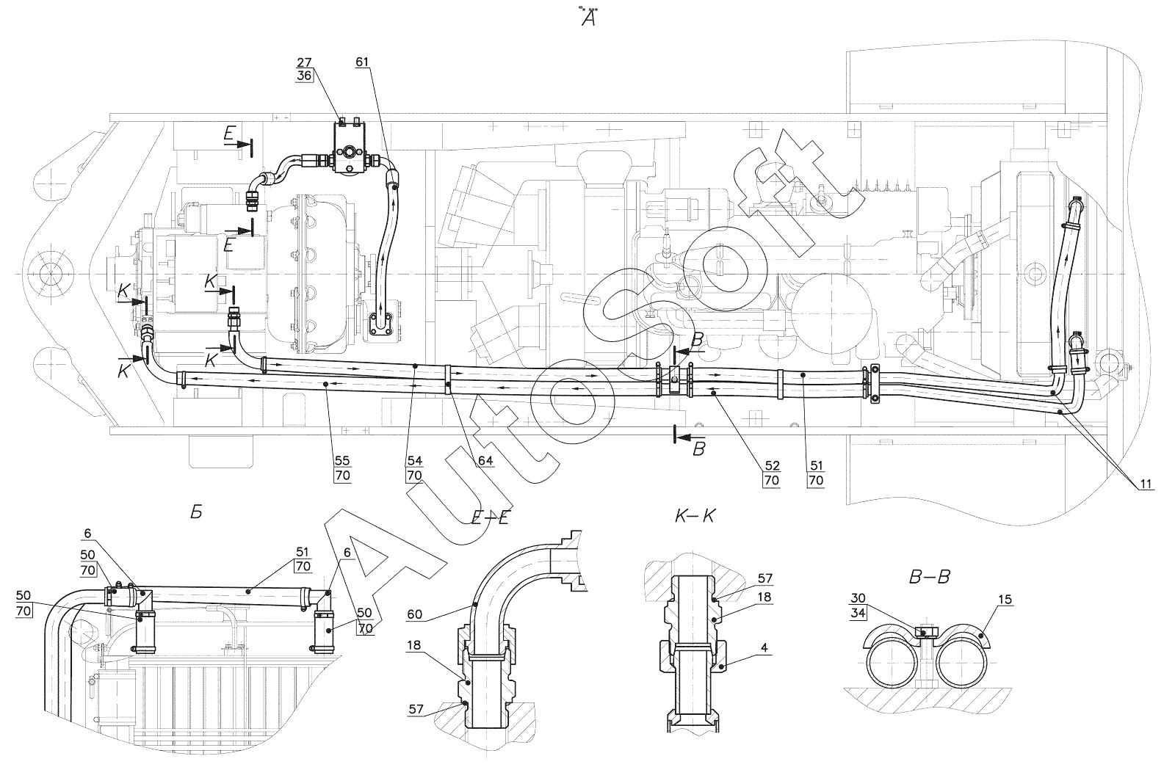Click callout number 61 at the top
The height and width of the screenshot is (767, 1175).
pyautogui.click(x=362, y=62)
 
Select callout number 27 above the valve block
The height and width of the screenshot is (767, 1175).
pyautogui.click(x=304, y=62)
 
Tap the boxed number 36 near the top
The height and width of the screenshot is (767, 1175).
pyautogui.click(x=304, y=76)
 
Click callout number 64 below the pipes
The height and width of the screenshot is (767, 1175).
pyautogui.click(x=485, y=461)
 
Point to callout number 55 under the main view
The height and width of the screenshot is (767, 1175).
pyautogui.click(x=342, y=461)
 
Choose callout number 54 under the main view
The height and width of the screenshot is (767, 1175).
pyautogui.click(x=414, y=461)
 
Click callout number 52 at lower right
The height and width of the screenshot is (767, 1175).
pyautogui.click(x=772, y=465)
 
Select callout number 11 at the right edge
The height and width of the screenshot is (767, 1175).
pyautogui.click(x=1146, y=484)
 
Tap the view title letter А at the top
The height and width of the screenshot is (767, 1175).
pyautogui.click(x=588, y=19)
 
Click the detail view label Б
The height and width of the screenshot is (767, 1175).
pyautogui.click(x=196, y=512)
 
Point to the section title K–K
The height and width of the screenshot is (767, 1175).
pyautogui.click(x=695, y=517)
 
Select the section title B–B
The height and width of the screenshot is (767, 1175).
pyautogui.click(x=929, y=577)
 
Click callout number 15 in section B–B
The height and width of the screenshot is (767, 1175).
pyautogui.click(x=1005, y=599)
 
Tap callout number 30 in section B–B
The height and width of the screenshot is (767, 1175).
pyautogui.click(x=858, y=598)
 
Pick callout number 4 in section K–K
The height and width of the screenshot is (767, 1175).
pyautogui.click(x=764, y=648)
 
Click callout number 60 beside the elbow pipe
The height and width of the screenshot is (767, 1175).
pyautogui.click(x=414, y=614)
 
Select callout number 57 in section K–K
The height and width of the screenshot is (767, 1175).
pyautogui.click(x=764, y=578)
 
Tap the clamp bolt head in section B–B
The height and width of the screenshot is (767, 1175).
pyautogui.click(x=924, y=632)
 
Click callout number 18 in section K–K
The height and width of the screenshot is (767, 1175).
pyautogui.click(x=764, y=597)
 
